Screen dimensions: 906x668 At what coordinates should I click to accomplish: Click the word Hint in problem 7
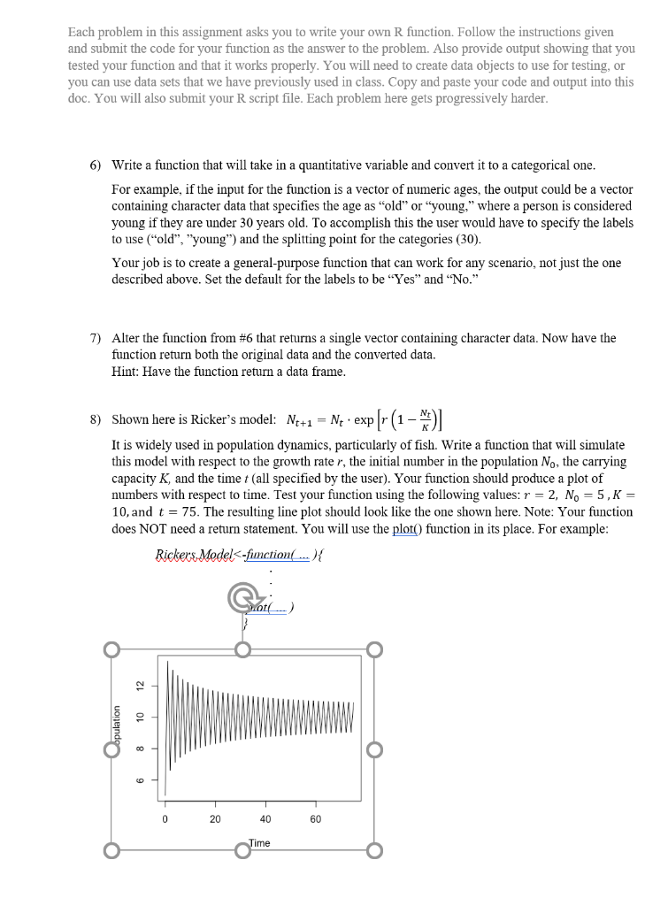pos(126,371)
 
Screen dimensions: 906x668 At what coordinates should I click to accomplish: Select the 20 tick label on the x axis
pos(215,819)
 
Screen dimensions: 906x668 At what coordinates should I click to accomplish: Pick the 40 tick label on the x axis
pos(265,819)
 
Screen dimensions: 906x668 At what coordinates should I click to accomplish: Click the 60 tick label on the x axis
pos(315,819)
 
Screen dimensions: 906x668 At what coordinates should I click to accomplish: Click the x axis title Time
pos(259,843)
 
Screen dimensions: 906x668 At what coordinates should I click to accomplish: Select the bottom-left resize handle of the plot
pos(111,852)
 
